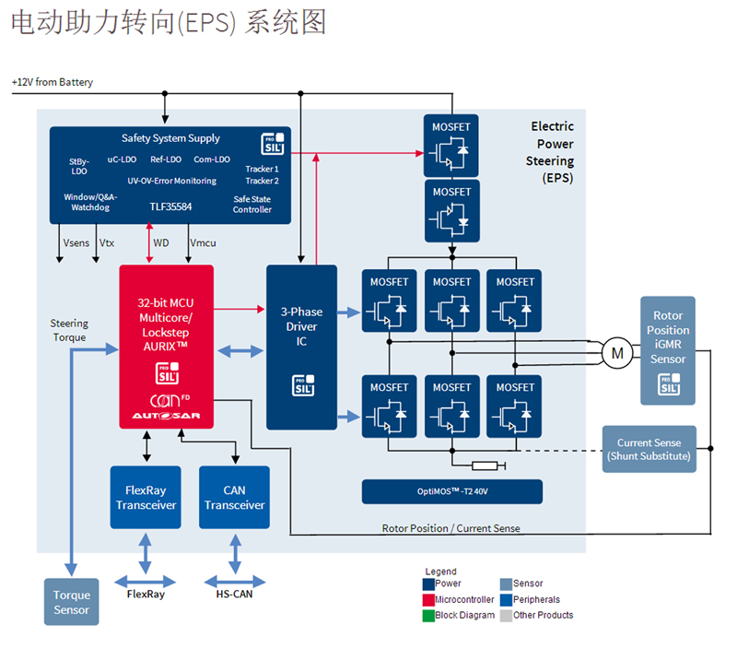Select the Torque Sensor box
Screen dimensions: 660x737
71,602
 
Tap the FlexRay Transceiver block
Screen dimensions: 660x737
146,498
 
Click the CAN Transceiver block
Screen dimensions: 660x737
234,498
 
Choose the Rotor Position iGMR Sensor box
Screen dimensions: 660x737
668,350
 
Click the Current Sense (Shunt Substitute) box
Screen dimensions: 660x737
649,449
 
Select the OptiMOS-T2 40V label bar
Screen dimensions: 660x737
451,491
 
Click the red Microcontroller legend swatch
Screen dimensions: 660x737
428,599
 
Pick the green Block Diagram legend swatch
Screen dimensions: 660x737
428,615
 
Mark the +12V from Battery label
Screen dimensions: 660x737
53,83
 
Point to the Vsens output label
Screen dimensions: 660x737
76,243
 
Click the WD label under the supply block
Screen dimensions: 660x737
161,243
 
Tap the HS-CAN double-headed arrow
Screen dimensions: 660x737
234,581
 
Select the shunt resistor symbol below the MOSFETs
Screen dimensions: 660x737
484,465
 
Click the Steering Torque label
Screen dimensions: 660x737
69,330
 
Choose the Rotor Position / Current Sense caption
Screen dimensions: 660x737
450,528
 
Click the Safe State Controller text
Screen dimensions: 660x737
252,204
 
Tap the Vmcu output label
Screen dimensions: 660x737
204,243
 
